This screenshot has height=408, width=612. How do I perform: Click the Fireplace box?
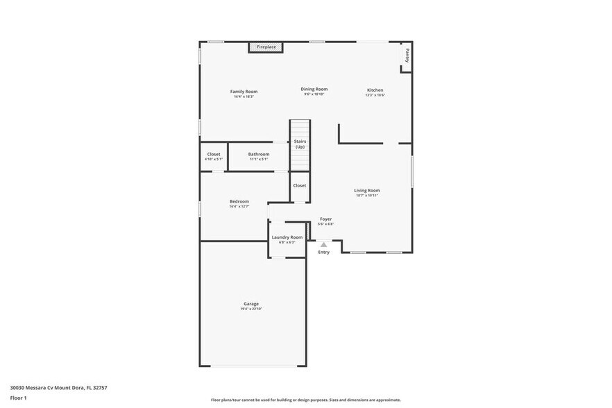click(266, 47)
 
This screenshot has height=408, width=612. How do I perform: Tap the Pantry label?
click(407, 55)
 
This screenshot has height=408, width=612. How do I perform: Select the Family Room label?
click(244, 91)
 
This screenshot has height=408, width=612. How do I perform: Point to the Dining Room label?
click(314, 89)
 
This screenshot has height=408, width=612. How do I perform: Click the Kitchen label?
click(375, 90)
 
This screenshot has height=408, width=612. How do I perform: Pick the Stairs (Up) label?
click(300, 144)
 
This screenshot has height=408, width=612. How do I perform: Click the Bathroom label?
click(259, 154)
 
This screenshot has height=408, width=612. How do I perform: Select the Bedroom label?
click(239, 201)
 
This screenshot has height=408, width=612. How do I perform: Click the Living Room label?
click(367, 190)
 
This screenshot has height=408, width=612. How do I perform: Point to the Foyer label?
click(325, 219)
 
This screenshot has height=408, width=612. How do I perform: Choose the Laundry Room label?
click(287, 237)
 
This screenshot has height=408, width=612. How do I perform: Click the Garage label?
click(251, 303)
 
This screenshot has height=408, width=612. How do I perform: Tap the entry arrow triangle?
click(323, 244)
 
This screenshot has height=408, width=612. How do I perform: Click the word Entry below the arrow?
click(324, 252)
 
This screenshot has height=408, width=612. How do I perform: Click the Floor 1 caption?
click(18, 398)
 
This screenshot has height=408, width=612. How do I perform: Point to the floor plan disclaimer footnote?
click(305, 400)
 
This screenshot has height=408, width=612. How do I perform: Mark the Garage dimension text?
click(251, 309)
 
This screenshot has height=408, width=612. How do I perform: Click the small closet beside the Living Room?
click(299, 185)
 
